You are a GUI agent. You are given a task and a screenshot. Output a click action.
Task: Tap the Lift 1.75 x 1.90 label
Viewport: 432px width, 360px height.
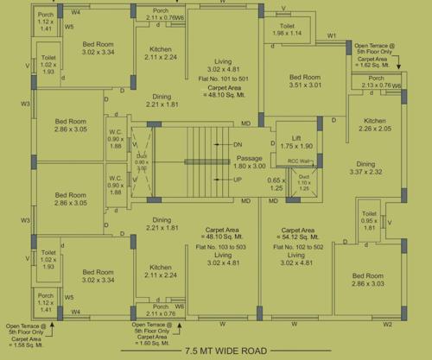297,142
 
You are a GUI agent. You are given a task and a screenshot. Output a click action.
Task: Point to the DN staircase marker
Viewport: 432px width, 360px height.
238,144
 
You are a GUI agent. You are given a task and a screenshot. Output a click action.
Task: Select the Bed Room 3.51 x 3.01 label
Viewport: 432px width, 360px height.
306,82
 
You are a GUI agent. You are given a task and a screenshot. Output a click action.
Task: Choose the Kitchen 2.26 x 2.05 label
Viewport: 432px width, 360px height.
374,124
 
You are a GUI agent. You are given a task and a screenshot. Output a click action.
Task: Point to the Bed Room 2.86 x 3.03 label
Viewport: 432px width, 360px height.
367,281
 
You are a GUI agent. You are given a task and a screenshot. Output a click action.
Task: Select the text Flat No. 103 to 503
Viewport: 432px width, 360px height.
223,245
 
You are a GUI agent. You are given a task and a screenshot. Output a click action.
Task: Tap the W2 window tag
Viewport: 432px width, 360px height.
387,324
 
